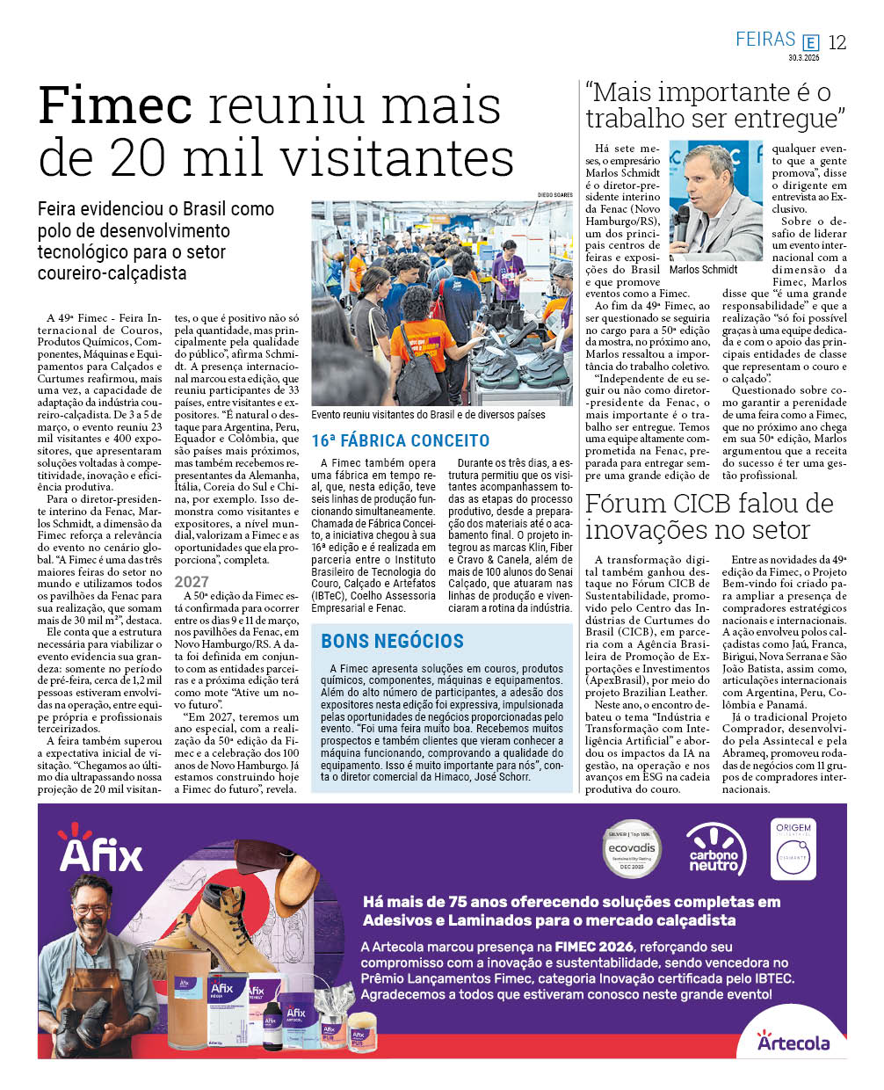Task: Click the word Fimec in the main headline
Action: [115, 106]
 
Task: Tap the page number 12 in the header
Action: [837, 42]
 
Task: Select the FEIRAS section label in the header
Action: [765, 40]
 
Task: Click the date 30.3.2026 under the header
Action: [803, 58]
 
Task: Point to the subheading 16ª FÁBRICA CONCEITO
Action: [400, 440]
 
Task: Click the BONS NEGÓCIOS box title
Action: [392, 641]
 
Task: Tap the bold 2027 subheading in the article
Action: [192, 581]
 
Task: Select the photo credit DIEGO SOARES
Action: [554, 195]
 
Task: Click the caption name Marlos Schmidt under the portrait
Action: [704, 269]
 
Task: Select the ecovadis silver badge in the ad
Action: [632, 848]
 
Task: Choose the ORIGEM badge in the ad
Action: [793, 848]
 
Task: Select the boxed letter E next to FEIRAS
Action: [810, 42]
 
